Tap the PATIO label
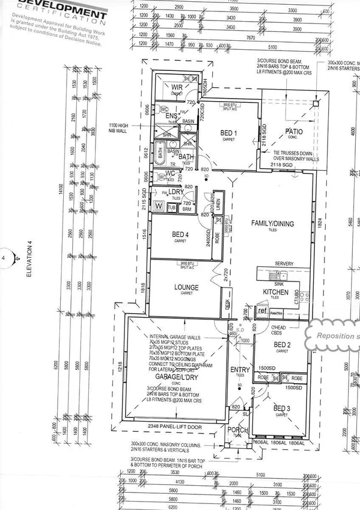click(x=294, y=131)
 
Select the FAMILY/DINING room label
click(x=272, y=224)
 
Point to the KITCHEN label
click(x=276, y=292)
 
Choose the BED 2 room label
click(x=282, y=344)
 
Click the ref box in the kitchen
click(x=262, y=311)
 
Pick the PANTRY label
click(x=276, y=313)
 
